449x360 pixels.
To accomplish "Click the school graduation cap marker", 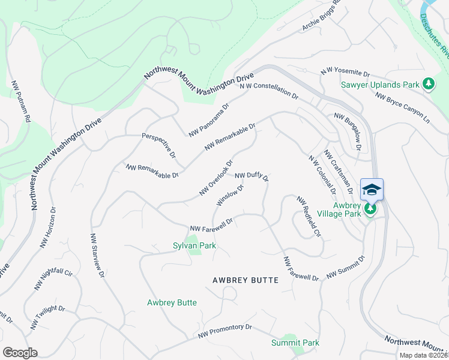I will point(372,190).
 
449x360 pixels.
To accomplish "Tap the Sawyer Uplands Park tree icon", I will point(429,85).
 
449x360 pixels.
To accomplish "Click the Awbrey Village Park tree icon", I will point(371,209).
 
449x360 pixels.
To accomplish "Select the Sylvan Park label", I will point(194,245).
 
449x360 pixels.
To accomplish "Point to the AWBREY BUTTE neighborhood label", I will point(246,280).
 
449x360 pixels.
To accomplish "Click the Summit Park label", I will point(295,343).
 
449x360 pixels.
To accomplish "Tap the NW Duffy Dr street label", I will point(252,177).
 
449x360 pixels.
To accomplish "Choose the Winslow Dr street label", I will point(230,195).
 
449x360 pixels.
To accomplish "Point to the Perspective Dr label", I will point(158,145).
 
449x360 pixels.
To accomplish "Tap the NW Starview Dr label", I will point(97,255).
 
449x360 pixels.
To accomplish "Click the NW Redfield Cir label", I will point(309,215).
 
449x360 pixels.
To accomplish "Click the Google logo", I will point(20,353).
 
